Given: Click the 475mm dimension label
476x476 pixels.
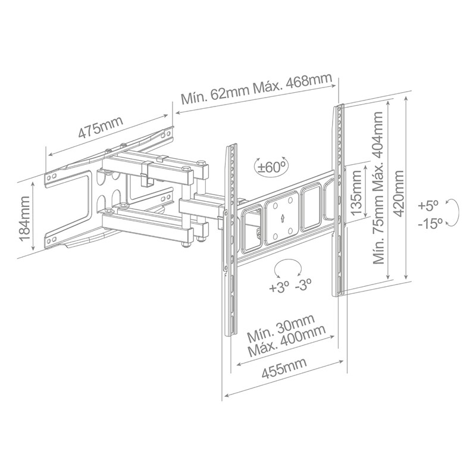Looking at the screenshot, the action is pyautogui.click(x=101, y=127).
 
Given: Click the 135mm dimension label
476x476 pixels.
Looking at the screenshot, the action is pyautogui.click(x=355, y=192).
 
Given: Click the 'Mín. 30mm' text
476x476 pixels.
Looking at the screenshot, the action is pyautogui.click(x=281, y=328).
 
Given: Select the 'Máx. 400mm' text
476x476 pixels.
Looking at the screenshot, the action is pyautogui.click(x=287, y=340).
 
